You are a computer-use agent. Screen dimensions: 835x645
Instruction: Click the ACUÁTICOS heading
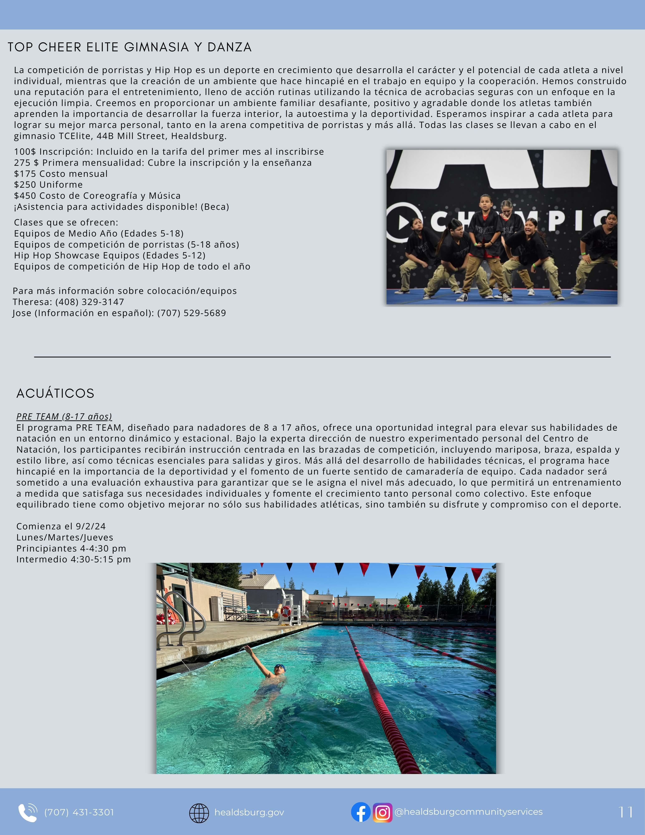tap(56, 393)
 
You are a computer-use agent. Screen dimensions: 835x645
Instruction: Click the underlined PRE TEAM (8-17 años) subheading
tap(64, 416)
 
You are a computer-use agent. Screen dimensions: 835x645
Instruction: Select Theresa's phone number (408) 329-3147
tap(90, 302)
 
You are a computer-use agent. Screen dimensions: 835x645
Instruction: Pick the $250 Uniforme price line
tap(49, 185)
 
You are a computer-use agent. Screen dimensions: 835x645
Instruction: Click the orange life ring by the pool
tap(285, 611)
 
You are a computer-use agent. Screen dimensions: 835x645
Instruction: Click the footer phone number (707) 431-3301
tap(79, 812)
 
